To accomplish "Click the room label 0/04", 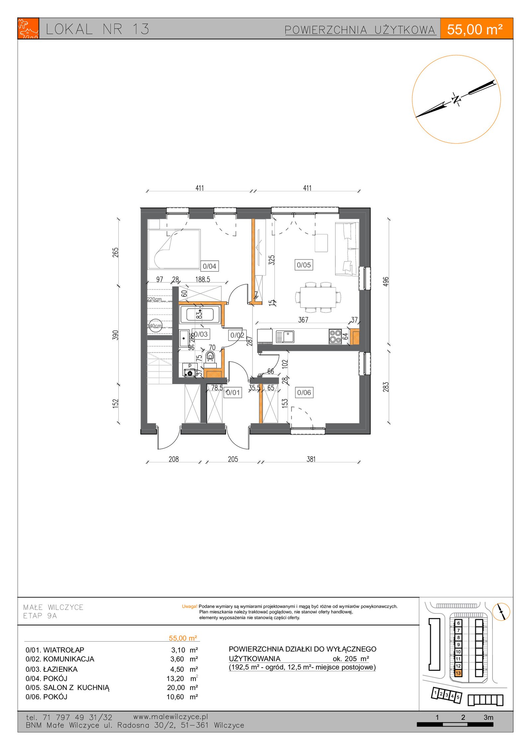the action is [x=209, y=266].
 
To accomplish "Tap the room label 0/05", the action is [x=304, y=265].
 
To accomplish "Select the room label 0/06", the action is [x=304, y=392].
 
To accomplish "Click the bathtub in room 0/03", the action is [x=200, y=314].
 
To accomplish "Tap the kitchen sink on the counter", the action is [x=285, y=337].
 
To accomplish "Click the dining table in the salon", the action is [x=318, y=297].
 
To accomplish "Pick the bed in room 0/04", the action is [x=174, y=249].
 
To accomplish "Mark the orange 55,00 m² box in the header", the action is [x=476, y=29].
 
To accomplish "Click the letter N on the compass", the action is [x=456, y=99].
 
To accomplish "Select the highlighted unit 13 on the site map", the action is [x=458, y=673].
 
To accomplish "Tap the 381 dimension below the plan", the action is [x=311, y=459].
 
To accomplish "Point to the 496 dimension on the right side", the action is [x=386, y=281].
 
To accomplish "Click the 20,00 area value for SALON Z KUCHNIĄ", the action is [x=176, y=688].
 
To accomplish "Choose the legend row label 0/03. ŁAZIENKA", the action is [x=51, y=669].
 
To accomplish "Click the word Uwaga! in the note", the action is [x=190, y=606].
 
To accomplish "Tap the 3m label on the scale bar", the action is [x=488, y=717].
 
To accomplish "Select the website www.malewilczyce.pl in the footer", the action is [x=171, y=717].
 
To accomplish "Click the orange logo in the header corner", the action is [x=28, y=29].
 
